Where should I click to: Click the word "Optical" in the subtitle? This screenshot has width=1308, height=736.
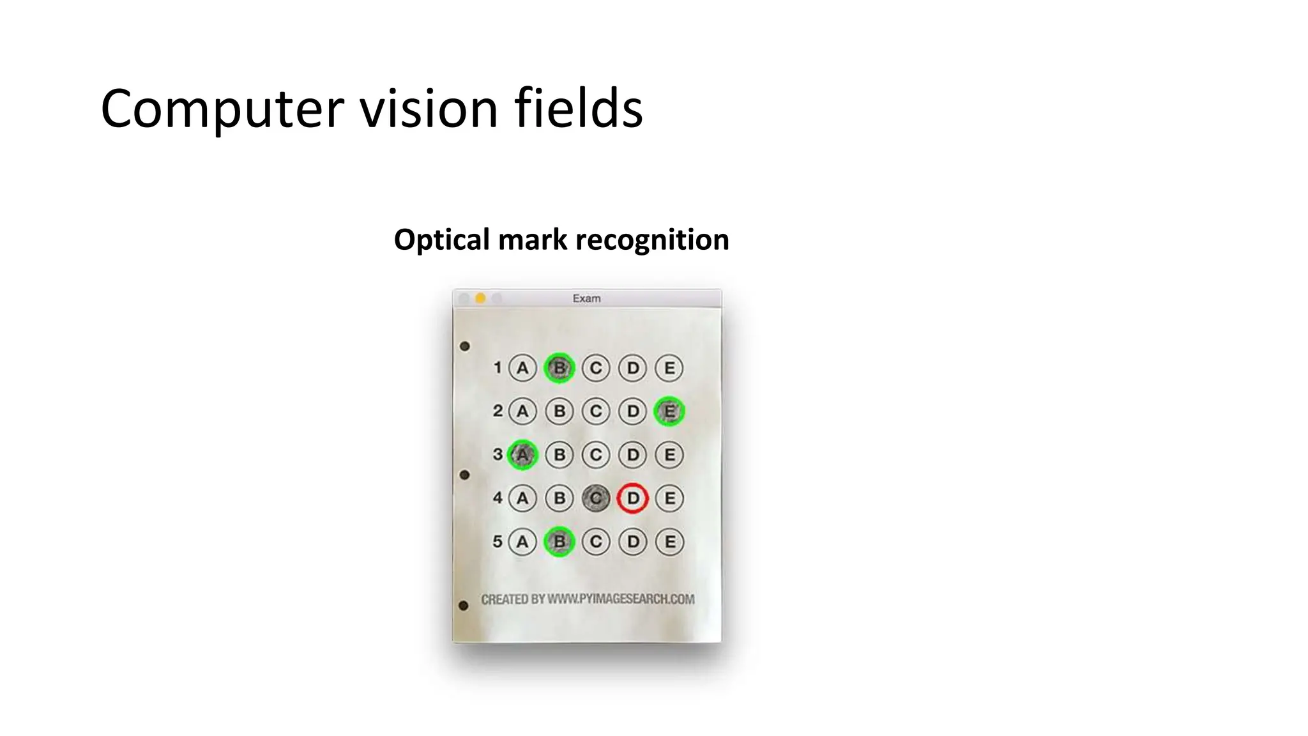pos(441,240)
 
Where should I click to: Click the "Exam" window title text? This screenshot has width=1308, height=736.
pos(586,298)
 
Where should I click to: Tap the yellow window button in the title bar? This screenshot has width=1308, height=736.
pos(480,298)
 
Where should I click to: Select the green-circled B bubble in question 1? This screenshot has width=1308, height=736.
pos(559,368)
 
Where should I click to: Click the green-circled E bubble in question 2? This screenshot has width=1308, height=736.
pos(669,411)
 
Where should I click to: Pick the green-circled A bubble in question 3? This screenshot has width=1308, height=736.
pos(522,455)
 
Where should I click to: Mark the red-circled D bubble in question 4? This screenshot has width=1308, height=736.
pos(633,498)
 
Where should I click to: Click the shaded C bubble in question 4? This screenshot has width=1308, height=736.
pos(596,498)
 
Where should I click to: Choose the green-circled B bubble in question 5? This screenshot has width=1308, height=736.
pos(559,542)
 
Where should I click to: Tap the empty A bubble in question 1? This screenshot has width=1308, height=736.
pos(522,368)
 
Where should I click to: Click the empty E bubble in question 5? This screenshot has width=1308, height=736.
pos(669,542)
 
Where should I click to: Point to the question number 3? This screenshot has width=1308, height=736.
pos(498,454)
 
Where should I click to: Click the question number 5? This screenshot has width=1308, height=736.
pos(498,542)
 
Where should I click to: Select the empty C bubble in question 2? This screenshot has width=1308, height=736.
pos(596,411)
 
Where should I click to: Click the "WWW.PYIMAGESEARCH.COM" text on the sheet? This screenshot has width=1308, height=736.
pos(621,599)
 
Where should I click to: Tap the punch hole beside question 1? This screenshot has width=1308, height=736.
pos(465,346)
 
